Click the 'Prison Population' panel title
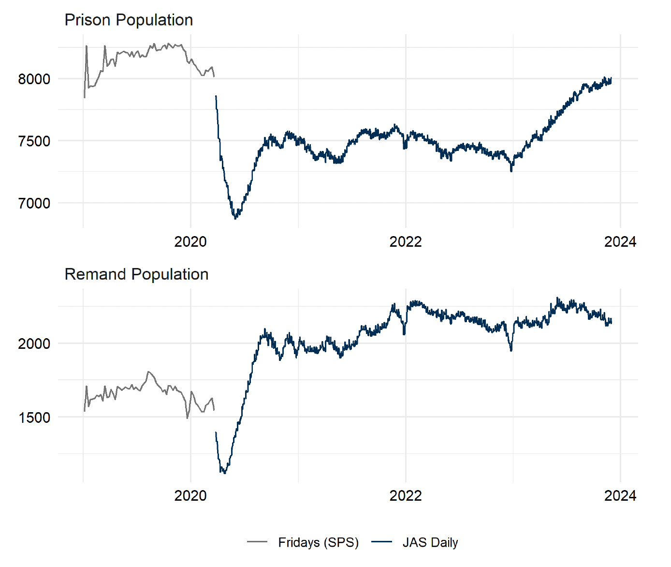[129, 20]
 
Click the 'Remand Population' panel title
[136, 274]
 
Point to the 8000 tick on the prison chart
[34, 79]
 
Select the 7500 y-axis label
[34, 141]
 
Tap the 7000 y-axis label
[34, 203]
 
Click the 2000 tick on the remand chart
[34, 344]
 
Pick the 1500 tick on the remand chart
[34, 418]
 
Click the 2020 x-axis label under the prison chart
[190, 241]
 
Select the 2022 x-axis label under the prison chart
[406, 241]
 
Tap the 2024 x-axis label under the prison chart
[620, 241]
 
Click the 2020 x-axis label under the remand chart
[190, 495]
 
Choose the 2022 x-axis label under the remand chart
[406, 495]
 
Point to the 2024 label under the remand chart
[620, 495]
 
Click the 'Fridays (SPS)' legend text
[318, 543]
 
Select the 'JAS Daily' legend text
[430, 543]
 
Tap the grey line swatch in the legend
[257, 542]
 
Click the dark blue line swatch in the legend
[381, 542]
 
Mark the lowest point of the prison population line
[235, 219]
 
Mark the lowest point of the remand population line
[224, 473]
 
